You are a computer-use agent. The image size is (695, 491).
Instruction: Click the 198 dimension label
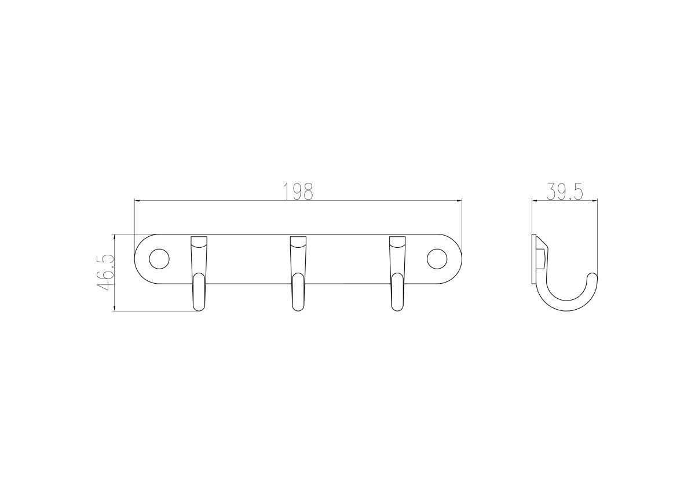298,192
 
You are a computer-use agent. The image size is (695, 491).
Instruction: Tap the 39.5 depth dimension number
565,192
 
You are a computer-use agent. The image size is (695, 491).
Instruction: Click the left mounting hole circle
159,259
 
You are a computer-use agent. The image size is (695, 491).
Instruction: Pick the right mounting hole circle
437,259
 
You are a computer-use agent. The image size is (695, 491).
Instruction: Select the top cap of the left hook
199,241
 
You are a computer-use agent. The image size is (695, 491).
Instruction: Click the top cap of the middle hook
298,241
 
